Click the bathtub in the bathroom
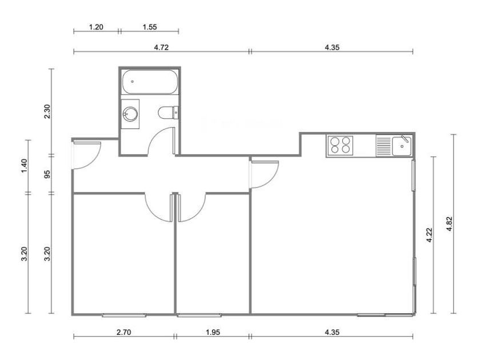(x=150, y=82)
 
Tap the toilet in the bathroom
(x=168, y=113)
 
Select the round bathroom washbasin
(x=130, y=114)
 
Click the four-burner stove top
(x=340, y=145)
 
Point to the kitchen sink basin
(x=402, y=146)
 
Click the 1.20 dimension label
(x=96, y=27)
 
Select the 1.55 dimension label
(x=150, y=27)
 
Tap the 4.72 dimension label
(x=161, y=47)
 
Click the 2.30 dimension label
(x=47, y=111)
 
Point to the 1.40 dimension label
(x=25, y=166)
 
